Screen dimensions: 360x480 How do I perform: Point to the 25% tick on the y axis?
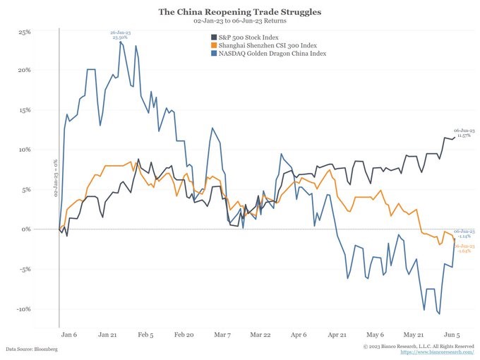coord(23,32)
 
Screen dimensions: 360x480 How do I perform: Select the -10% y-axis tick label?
coord(23,308)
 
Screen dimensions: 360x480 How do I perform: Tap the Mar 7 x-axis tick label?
coord(223,335)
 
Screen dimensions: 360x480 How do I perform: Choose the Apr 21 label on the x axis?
coord(338,335)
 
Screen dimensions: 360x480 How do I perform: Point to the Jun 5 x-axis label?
coord(452,335)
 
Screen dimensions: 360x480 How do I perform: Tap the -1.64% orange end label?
coord(464,248)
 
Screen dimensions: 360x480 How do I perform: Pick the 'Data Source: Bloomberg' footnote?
coord(31,349)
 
